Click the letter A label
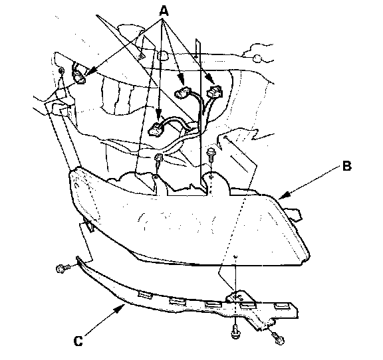click(x=164, y=11)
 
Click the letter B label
click(x=346, y=166)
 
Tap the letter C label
click(x=78, y=341)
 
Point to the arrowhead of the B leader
click(x=283, y=196)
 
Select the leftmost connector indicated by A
click(x=78, y=74)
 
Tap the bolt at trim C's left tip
click(x=63, y=269)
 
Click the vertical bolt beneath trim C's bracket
click(x=235, y=331)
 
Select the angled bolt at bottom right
click(x=277, y=337)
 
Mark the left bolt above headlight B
click(x=158, y=159)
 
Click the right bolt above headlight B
click(x=211, y=155)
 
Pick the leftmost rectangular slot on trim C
click(x=145, y=294)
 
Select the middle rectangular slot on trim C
click(x=213, y=304)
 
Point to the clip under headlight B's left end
click(x=89, y=226)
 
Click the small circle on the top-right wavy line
click(x=257, y=58)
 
